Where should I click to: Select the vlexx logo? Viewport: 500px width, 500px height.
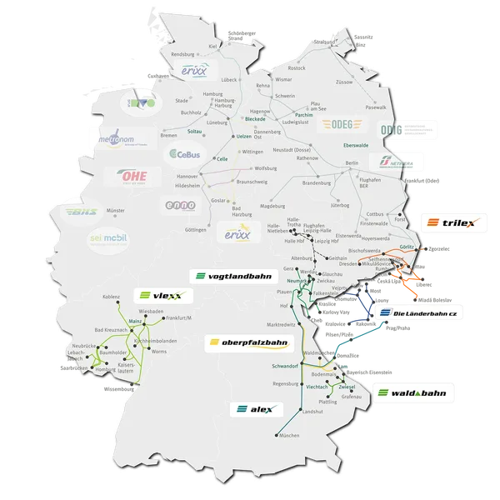click(x=162, y=296)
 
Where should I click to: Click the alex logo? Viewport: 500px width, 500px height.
click(x=256, y=409)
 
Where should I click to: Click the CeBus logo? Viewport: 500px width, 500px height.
click(x=184, y=154)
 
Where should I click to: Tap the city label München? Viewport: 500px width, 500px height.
click(x=290, y=437)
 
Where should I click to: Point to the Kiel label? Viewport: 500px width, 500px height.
click(x=212, y=47)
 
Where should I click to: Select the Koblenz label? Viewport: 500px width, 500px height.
click(x=111, y=297)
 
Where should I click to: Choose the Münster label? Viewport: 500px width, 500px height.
click(x=115, y=212)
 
